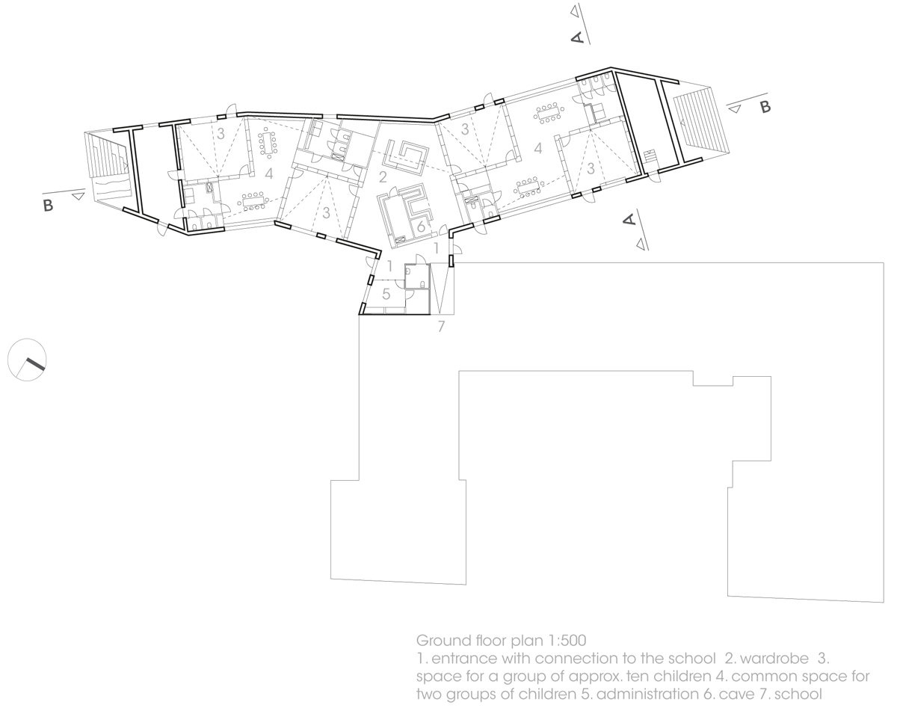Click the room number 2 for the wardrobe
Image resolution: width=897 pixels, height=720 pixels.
pos(383,177)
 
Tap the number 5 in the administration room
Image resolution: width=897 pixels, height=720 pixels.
pos(386,294)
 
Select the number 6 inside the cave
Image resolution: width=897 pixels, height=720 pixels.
pos(421,227)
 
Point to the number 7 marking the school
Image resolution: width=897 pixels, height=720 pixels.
pos(441,327)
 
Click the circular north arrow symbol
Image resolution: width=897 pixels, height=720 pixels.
pos(28,360)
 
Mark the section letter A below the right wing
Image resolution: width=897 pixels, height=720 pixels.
pos(629,219)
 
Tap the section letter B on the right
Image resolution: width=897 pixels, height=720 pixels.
pos(764,107)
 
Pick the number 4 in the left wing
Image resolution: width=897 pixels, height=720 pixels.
pos(267,173)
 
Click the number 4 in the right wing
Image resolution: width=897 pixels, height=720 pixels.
pos(538,149)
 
